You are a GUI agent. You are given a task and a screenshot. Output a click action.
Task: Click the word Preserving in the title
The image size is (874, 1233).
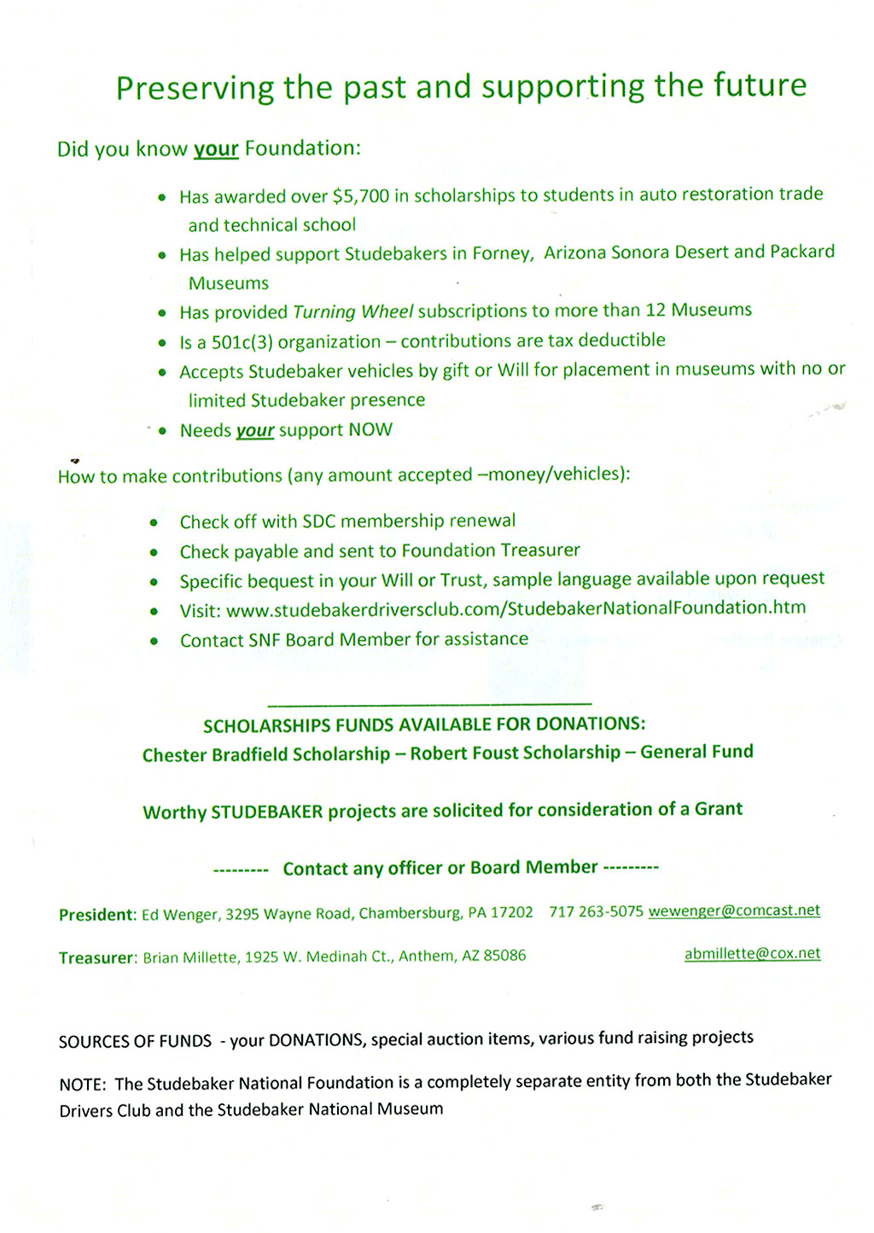point(195,88)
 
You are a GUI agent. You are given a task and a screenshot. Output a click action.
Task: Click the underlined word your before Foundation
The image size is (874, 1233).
point(216,149)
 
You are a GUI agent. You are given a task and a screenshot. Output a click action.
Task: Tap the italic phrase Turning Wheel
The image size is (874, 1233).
point(353,311)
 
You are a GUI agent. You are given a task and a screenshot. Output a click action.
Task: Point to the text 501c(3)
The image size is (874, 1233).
point(242,342)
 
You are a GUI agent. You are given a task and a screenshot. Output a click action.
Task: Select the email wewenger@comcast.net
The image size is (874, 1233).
point(734,910)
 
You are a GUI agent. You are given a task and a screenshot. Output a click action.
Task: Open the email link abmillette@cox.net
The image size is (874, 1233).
point(752,954)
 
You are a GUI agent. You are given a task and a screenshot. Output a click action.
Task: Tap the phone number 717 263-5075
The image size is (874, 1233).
point(596,911)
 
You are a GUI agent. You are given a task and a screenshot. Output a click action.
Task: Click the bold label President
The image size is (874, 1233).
point(97,915)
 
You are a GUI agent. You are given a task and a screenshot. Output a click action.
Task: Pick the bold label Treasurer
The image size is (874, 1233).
point(97,958)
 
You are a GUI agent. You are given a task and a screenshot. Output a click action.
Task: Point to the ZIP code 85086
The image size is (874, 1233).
point(504,956)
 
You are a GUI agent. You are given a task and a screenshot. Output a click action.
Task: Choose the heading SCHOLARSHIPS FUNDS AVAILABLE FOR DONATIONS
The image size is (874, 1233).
point(424,724)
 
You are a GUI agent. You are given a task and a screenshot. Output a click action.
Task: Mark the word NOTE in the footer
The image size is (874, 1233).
point(82,1085)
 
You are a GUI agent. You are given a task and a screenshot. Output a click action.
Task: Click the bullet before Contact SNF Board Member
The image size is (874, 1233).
point(154,641)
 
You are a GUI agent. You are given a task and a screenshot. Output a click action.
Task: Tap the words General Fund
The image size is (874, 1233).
point(696,752)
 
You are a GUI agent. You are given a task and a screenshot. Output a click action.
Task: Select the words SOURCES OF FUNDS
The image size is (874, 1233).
point(135,1041)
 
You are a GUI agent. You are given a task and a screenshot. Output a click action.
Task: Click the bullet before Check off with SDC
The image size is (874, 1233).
point(154,522)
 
